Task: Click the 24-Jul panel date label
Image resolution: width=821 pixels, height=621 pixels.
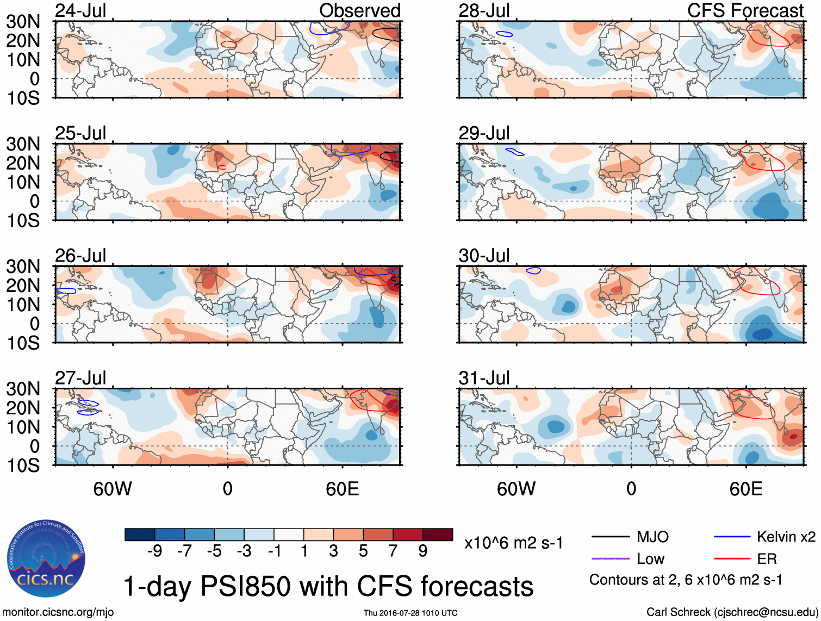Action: point(80,11)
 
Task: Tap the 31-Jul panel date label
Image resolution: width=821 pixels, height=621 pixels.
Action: point(484,378)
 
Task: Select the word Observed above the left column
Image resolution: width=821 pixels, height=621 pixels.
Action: point(359,11)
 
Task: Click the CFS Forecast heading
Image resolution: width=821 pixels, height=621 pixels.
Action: point(745,11)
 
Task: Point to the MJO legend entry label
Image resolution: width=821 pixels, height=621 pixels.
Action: point(652,537)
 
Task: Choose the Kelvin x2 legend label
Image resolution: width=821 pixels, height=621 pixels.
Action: point(786,537)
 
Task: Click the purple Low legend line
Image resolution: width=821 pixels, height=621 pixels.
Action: point(610,558)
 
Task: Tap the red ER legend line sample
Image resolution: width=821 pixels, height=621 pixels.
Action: point(731,558)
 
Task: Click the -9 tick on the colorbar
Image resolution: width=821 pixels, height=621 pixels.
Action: point(155,551)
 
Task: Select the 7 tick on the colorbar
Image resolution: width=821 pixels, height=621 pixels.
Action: point(393,551)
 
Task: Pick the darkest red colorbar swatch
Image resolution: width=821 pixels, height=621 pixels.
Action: point(438,535)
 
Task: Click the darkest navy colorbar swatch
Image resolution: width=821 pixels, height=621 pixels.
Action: point(140,535)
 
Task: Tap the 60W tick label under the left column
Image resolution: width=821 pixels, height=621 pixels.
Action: point(113,489)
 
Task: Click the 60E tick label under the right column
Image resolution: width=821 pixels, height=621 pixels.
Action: point(745,489)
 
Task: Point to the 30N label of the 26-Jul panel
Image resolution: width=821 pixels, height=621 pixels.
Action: point(23,266)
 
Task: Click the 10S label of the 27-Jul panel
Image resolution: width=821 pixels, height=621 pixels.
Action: point(23,465)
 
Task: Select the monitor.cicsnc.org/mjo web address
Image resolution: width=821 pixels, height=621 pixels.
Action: point(58,612)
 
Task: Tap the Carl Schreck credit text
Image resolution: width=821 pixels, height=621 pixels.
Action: point(732,612)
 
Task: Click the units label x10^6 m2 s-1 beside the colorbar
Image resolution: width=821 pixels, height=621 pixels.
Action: point(513,543)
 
